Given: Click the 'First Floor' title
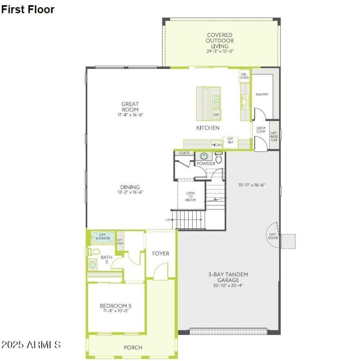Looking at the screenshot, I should point(28,9).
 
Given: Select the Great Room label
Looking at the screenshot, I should point(130,107).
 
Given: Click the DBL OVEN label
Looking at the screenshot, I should point(244,76).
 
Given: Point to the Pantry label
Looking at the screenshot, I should point(262,95).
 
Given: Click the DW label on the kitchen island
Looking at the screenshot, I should point(216,115).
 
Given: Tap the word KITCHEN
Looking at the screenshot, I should point(208,128).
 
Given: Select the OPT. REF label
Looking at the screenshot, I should point(230,140).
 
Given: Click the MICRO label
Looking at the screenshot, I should point(217,145).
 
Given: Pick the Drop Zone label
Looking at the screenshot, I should point(261,130).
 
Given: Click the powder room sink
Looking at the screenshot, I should point(205,156).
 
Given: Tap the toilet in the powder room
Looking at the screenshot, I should point(219,158).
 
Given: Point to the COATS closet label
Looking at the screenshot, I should point(184,153).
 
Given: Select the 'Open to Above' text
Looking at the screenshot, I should point(190,197).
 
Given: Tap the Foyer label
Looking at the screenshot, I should point(161,253).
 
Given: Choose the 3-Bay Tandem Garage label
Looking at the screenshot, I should point(228,277).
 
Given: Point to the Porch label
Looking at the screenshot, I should point(133,347).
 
